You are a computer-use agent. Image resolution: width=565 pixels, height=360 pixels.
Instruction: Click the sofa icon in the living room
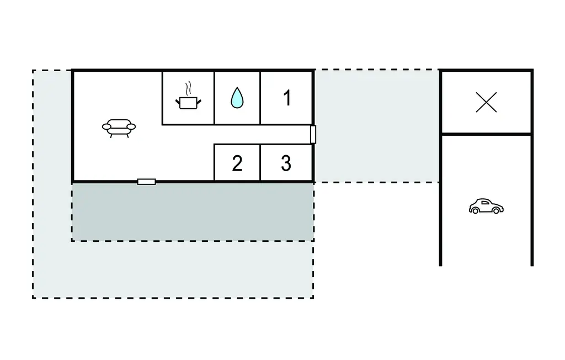(119, 128)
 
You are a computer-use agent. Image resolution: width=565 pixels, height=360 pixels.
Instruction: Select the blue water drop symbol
(237, 98)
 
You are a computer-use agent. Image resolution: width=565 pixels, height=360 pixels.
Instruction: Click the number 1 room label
(286, 98)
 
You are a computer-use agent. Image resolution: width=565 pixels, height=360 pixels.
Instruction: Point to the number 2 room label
(237, 163)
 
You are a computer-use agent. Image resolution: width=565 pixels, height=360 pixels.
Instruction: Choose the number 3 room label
(286, 163)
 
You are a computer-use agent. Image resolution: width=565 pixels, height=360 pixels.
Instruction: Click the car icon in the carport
(486, 207)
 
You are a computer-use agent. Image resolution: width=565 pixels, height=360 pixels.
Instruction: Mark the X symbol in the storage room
(486, 103)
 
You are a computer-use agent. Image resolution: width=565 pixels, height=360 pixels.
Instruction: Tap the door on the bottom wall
(146, 182)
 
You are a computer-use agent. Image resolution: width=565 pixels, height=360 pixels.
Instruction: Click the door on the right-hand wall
(313, 134)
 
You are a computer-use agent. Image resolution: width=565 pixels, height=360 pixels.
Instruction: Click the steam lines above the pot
(188, 88)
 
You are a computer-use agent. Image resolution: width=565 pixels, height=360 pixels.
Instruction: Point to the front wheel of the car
(497, 210)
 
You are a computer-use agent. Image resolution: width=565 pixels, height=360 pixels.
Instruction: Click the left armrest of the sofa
(106, 127)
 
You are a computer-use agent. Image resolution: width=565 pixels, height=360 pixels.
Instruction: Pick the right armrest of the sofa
(131, 126)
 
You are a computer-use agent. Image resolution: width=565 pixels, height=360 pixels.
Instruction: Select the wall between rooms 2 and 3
(260, 163)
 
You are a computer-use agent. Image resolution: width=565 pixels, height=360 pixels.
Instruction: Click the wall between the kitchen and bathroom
(214, 98)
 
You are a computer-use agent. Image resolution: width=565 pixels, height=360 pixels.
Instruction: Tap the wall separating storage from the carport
(486, 134)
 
